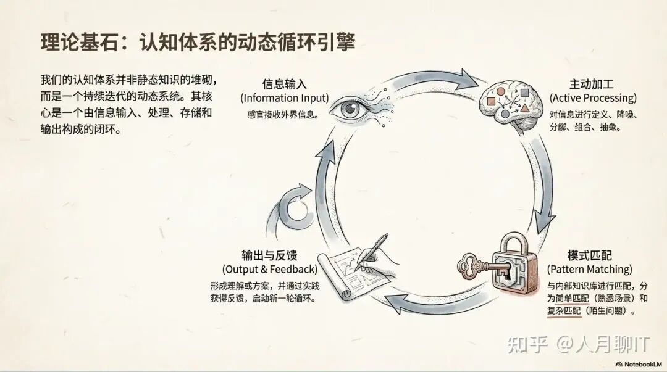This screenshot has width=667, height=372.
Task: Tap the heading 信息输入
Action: coord(284,84)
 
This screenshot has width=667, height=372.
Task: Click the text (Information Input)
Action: coord(284,98)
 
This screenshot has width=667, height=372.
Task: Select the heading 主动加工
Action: coord(592,84)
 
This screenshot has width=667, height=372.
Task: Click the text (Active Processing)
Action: coord(592,98)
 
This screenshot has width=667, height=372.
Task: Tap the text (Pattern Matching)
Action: coord(590,270)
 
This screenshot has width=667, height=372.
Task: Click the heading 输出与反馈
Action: coord(270,255)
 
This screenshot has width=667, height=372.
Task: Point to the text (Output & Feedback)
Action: coord(270,270)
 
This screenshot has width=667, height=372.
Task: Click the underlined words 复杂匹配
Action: coord(564,312)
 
